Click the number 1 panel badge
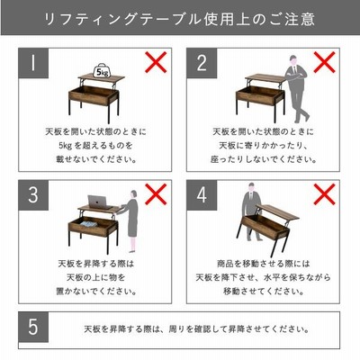tap(33, 63)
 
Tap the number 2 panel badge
tap(202, 63)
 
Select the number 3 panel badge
tap(33, 195)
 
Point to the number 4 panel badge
tap(202, 195)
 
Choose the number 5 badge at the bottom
tap(33, 327)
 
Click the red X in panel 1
tap(156, 62)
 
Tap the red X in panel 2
tap(324, 62)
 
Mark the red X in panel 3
tap(156, 194)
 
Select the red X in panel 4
tap(324, 194)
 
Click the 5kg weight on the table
tap(101, 71)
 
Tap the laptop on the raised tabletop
tap(98, 202)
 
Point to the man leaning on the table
tap(297, 89)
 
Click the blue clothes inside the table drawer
tap(88, 224)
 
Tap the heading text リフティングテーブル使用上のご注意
tap(180, 19)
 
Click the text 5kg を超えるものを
tap(95, 146)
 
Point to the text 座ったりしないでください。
tap(264, 159)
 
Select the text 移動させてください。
tap(264, 291)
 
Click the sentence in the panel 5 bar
tap(196, 329)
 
